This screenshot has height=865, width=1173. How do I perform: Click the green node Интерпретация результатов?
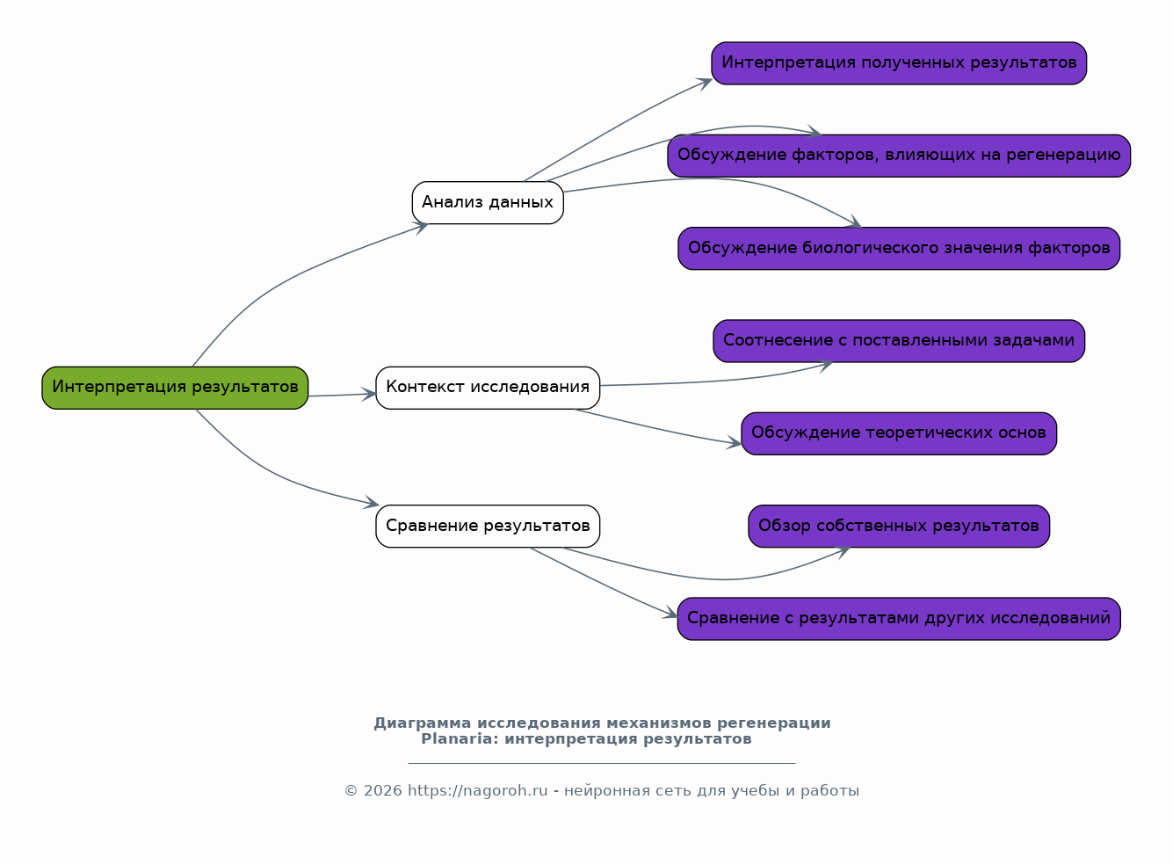click(x=175, y=388)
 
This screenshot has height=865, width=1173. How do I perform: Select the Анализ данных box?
click(x=488, y=203)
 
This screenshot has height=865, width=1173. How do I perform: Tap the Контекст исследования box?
click(x=488, y=388)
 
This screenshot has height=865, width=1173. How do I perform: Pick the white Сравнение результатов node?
click(x=488, y=526)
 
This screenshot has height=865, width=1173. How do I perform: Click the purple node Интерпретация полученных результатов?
click(x=899, y=63)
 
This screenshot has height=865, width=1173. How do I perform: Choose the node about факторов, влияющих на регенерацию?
click(x=899, y=156)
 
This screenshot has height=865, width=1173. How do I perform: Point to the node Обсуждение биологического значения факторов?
click(x=899, y=249)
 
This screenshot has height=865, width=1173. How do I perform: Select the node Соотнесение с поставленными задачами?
click(x=899, y=341)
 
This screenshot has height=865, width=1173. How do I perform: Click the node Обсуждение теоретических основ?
click(x=899, y=433)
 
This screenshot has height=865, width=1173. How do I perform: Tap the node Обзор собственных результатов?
click(x=899, y=526)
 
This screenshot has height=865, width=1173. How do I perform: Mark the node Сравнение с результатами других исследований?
click(x=899, y=619)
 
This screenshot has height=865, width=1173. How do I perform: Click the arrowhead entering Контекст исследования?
click(x=370, y=395)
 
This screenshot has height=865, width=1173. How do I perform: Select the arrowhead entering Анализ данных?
click(x=421, y=228)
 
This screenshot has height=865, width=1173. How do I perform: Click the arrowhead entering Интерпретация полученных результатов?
click(x=705, y=84)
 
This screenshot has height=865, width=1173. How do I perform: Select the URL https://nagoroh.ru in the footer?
click(x=478, y=791)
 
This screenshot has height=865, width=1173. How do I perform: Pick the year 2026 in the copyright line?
click(x=383, y=791)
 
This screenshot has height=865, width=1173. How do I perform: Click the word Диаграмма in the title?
click(x=422, y=723)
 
